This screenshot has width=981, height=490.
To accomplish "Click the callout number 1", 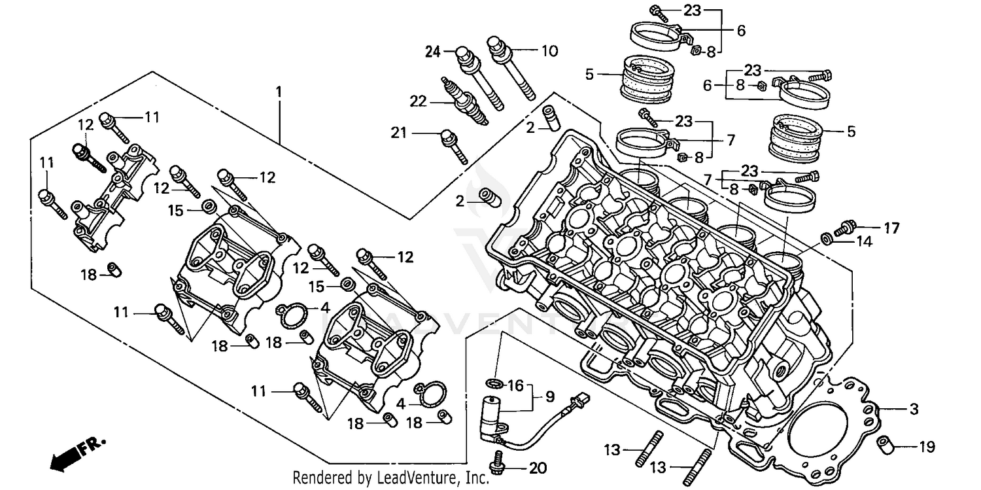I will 279,92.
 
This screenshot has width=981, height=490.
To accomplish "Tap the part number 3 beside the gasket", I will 913,410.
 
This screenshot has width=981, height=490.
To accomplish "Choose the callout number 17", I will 892,228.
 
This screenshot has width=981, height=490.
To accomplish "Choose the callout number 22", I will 419,101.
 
